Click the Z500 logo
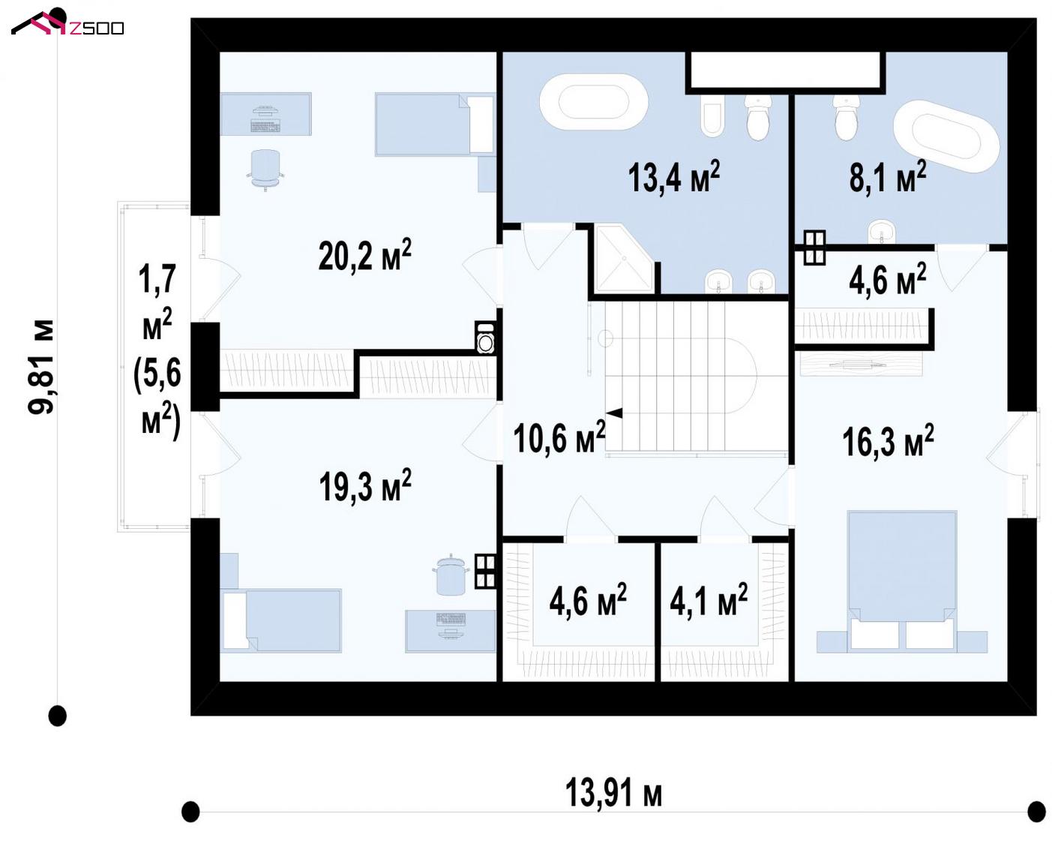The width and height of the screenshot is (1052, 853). click(x=67, y=23)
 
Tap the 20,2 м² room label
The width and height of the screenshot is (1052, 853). click(x=364, y=255)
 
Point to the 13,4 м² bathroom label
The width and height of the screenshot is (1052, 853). click(x=673, y=176)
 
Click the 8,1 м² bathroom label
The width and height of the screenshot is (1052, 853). click(x=888, y=176)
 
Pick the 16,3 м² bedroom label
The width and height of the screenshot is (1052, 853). click(x=888, y=440)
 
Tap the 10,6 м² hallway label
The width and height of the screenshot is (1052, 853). click(x=559, y=437)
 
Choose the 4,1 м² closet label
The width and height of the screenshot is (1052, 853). click(x=709, y=599)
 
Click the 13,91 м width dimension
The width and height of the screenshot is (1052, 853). click(x=613, y=792)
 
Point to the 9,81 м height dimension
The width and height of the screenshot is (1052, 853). click(x=40, y=366)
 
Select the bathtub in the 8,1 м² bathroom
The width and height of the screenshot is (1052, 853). click(x=946, y=136)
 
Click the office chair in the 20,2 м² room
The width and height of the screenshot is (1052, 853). click(x=265, y=170)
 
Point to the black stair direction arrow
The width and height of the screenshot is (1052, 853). click(x=614, y=413)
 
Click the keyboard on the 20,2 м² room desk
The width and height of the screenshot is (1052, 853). click(x=265, y=126)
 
